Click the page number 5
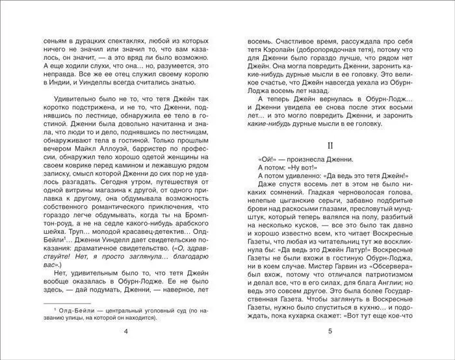330,332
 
